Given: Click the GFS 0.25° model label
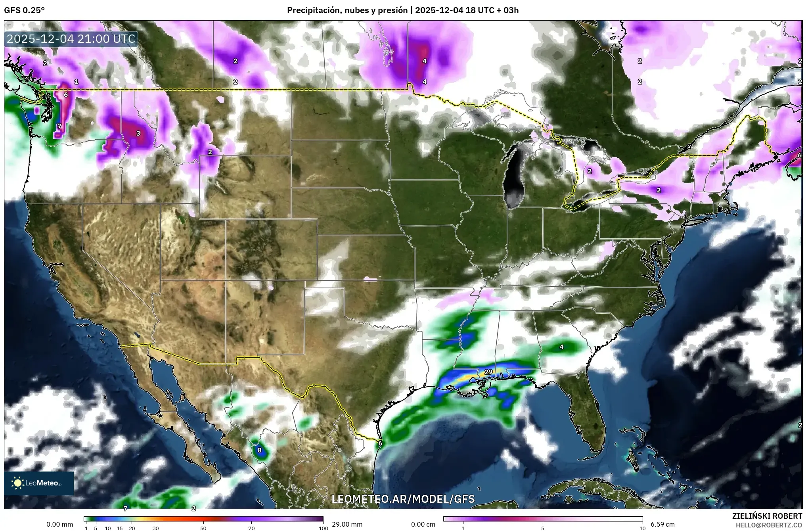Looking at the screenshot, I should click(24, 10).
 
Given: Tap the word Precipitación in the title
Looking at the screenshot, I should click(312, 10).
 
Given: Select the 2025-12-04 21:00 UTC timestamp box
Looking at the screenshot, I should click(71, 39).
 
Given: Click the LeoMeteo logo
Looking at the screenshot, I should click(39, 483).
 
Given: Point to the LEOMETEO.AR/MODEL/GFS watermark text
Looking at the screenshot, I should click(403, 499).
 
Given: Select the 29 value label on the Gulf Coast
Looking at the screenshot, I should click(488, 372).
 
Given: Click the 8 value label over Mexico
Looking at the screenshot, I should click(260, 450).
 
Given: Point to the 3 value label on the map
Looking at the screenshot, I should click(138, 133).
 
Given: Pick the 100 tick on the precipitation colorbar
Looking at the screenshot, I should click(323, 528).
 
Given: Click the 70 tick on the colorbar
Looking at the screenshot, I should click(251, 528).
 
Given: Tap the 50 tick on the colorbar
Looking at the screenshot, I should click(203, 528).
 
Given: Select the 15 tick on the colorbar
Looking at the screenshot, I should click(120, 528).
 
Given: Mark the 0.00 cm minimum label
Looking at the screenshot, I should click(423, 524).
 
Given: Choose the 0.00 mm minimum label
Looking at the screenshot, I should click(60, 524).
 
